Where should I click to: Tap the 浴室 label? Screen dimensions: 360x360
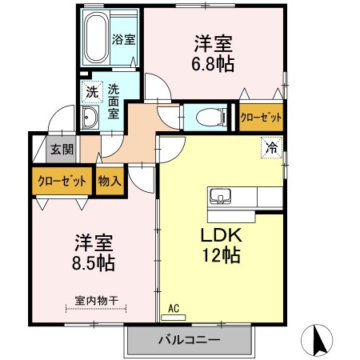tap(122, 38)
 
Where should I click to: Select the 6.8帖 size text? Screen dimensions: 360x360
tap(213, 64)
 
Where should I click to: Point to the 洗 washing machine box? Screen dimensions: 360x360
tap(92, 92)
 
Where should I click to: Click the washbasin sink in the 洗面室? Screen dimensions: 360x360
tap(89, 118)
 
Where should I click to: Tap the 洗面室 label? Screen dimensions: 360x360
tap(114, 102)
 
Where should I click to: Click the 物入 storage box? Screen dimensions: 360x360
tap(110, 181)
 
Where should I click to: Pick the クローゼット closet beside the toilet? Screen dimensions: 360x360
tap(261, 117)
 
